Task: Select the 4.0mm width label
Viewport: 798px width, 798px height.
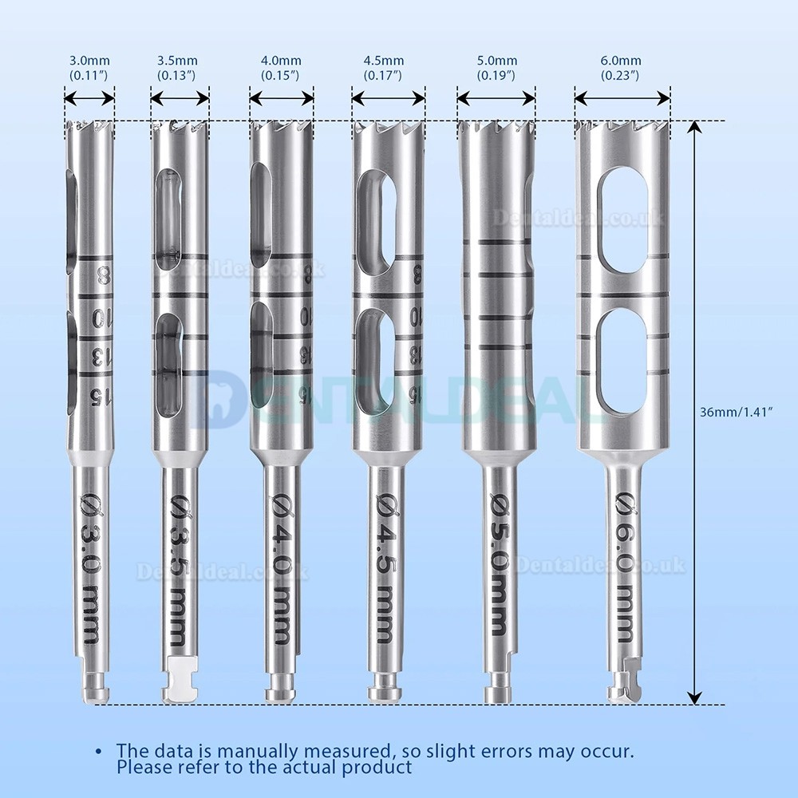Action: pyautogui.click(x=280, y=67)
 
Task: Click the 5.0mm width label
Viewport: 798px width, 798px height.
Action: pyautogui.click(x=496, y=67)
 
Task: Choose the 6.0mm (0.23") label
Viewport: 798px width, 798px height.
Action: pyautogui.click(x=622, y=67)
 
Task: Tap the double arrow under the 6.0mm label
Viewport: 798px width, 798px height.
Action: pyautogui.click(x=622, y=98)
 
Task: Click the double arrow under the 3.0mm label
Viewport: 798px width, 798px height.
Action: pyautogui.click(x=89, y=98)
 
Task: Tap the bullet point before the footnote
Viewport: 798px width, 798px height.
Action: pyautogui.click(x=98, y=752)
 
